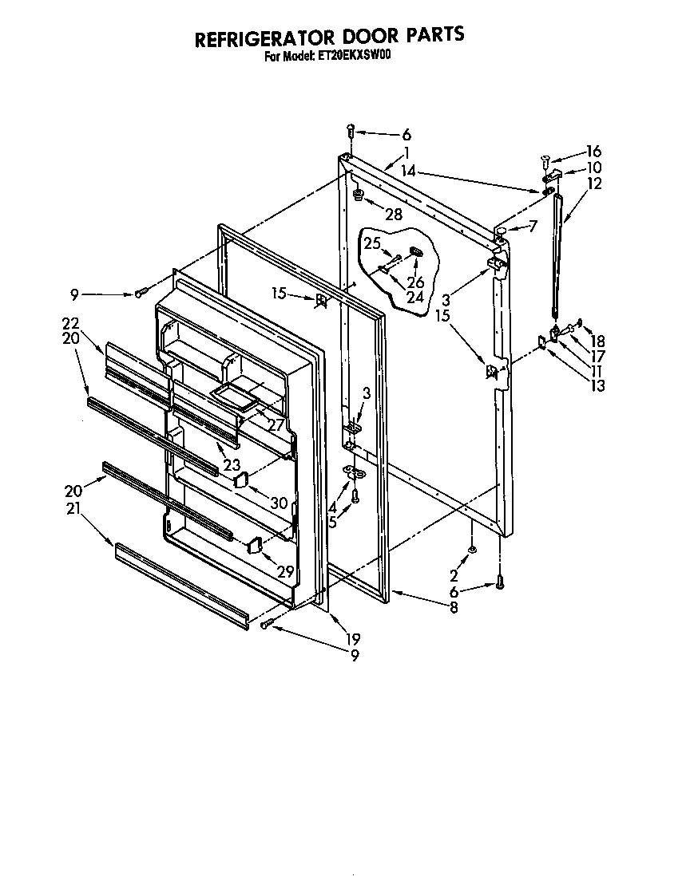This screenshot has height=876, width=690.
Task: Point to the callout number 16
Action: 593,152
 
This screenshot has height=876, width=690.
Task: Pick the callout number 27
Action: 276,425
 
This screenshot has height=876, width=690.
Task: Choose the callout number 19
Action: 353,637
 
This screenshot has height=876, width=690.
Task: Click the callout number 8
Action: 453,608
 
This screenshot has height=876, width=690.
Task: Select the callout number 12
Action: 593,183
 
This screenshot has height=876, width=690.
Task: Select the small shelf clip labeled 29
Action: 256,545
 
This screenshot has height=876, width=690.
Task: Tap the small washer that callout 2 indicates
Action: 473,550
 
